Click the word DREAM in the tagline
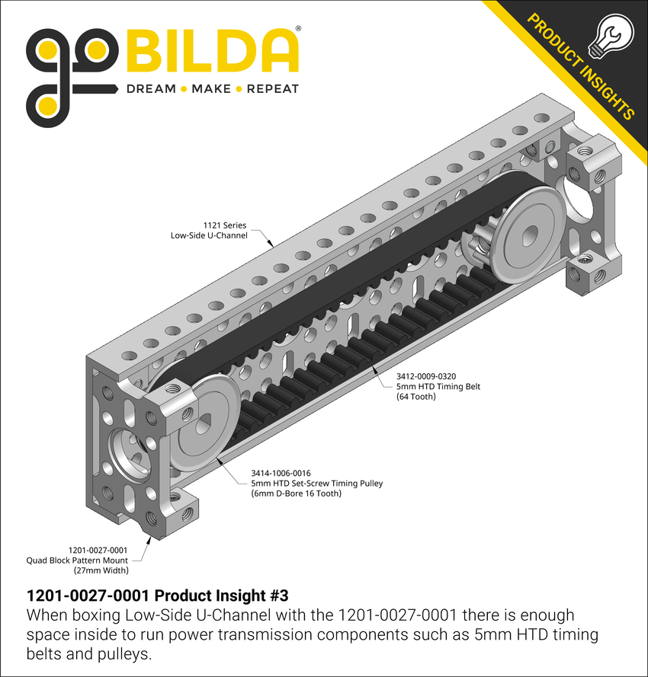pos(150,89)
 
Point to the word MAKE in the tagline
pos(210,89)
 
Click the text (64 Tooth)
pos(416,397)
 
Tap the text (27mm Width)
pos(101,570)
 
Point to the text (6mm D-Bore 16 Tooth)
pos(296,493)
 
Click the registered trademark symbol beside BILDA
pos(297,29)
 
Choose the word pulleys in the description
pos(116,655)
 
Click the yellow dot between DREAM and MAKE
pos(183,89)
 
